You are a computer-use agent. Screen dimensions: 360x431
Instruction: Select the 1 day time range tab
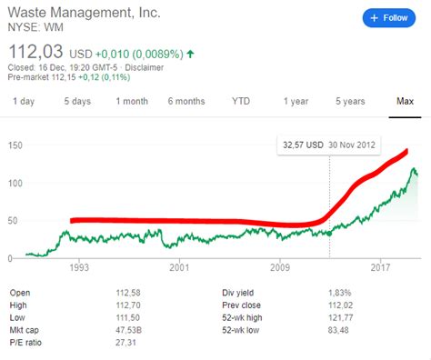pyautogui.click(x=25, y=100)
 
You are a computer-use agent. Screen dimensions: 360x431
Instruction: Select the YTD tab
pyautogui.click(x=241, y=100)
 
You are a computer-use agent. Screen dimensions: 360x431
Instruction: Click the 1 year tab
pyautogui.click(x=296, y=100)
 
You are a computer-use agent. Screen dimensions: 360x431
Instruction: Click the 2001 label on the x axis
pyautogui.click(x=179, y=268)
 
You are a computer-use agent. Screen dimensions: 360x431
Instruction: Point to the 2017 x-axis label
pyautogui.click(x=379, y=268)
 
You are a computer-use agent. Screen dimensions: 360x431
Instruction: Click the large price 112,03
pyautogui.click(x=34, y=47)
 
